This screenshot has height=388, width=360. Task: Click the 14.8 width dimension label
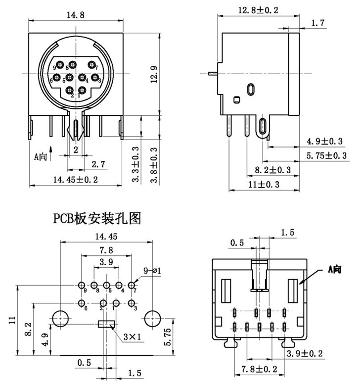76,15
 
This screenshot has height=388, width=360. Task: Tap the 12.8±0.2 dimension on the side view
258,9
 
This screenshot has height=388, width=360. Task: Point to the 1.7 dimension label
318,23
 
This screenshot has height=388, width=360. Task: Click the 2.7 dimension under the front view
99,163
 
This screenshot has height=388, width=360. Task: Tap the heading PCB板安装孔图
98,218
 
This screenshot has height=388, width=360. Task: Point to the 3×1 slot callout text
133,337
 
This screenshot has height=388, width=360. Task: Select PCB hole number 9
81,286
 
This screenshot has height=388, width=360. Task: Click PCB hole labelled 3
132,303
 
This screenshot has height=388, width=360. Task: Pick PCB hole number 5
106,286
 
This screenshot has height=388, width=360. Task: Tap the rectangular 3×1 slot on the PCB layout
106,325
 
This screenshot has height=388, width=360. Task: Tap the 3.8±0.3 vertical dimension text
153,165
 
